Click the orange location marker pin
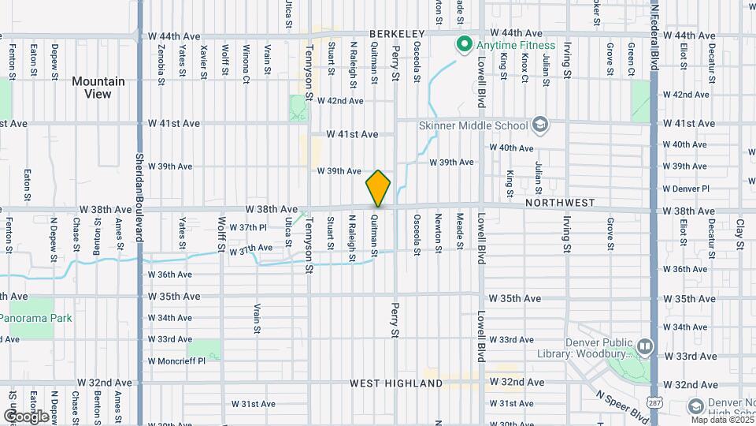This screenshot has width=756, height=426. click(378, 189)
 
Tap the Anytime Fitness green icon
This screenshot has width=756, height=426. click(464, 45)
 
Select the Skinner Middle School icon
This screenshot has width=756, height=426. click(540, 125)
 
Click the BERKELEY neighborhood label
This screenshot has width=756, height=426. click(396, 34)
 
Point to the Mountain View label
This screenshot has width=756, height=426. click(98, 88)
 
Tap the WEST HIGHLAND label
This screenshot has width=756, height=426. click(396, 383)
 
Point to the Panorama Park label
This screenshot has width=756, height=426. click(37, 319)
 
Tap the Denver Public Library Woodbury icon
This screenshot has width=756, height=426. click(645, 346)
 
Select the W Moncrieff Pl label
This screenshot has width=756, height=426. click(176, 361)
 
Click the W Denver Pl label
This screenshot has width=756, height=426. click(686, 189)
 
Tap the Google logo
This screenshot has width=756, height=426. click(26, 416)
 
